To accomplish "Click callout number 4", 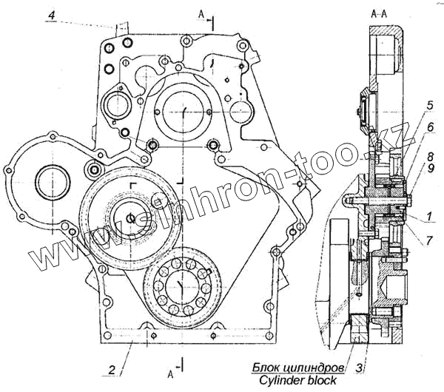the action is [x=52, y=15].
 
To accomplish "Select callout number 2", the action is [x=112, y=369].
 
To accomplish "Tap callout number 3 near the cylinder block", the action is [x=359, y=368].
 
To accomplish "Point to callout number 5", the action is [x=430, y=106].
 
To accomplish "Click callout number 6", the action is [x=431, y=127].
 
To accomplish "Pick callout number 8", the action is [x=431, y=157].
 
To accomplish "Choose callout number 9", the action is [x=431, y=169].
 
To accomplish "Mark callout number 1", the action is [x=429, y=217].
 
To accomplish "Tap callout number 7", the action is [x=429, y=240].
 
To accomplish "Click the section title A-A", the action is [x=379, y=15].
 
